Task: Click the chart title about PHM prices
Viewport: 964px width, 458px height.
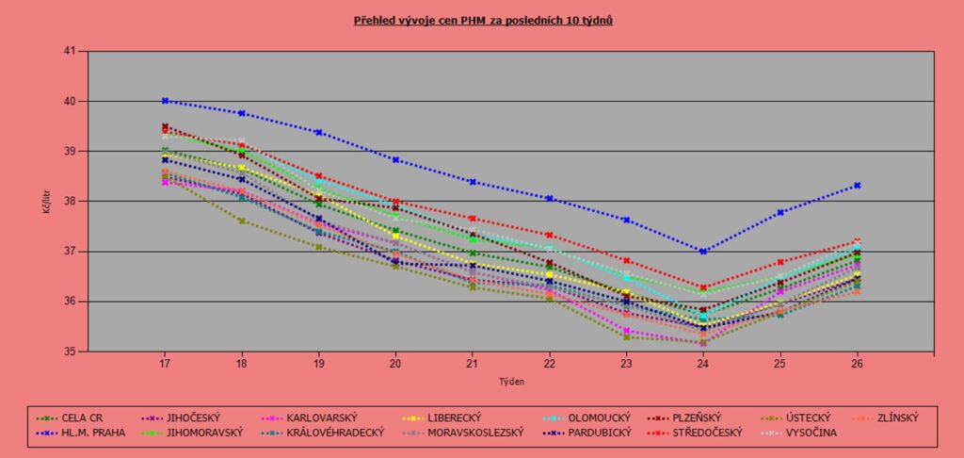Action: (x=483, y=19)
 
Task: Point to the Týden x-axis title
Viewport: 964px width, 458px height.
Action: (x=511, y=383)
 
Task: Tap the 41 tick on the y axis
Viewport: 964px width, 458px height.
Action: (x=69, y=51)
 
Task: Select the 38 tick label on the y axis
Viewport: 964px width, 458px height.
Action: (x=69, y=202)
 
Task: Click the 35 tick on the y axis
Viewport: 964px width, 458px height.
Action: (x=69, y=352)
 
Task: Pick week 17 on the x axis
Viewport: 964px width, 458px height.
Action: (x=165, y=363)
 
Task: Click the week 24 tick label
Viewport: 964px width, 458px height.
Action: (x=703, y=363)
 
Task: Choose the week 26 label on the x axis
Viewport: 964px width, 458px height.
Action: (x=857, y=363)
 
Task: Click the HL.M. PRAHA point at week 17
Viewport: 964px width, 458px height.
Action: (x=165, y=101)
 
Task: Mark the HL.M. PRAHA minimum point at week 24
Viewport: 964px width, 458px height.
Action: (x=703, y=252)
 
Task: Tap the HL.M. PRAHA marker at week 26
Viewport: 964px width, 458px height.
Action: (x=858, y=185)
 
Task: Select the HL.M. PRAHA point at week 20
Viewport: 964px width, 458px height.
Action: (x=395, y=160)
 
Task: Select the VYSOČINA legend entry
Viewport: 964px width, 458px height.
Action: (x=808, y=433)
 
